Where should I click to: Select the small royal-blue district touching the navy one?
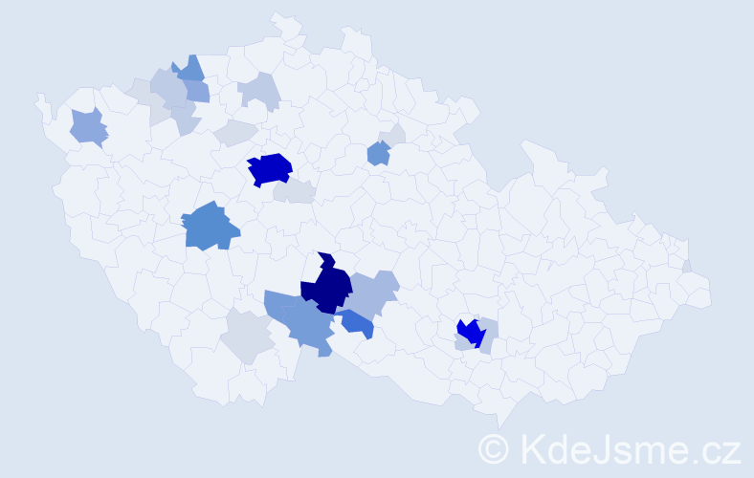pyautogui.click(x=358, y=324)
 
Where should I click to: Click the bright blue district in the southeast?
pyautogui.click(x=470, y=332)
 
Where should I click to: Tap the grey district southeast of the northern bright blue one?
pyautogui.click(x=295, y=191)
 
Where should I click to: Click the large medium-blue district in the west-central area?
pyautogui.click(x=209, y=228)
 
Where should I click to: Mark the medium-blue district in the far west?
pyautogui.click(x=88, y=127)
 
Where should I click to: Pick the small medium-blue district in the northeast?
pyautogui.click(x=379, y=152)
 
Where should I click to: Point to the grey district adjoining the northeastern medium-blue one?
pyautogui.click(x=393, y=136)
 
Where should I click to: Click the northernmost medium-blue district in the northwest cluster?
pyautogui.click(x=190, y=68)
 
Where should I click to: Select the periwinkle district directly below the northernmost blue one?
pyautogui.click(x=196, y=91)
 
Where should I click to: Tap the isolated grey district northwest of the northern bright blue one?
pyautogui.click(x=235, y=133)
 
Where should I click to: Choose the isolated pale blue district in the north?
pyautogui.click(x=259, y=91)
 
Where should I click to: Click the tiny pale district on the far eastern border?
pyautogui.click(x=687, y=266)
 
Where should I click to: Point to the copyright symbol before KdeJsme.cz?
pyautogui.click(x=494, y=448)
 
